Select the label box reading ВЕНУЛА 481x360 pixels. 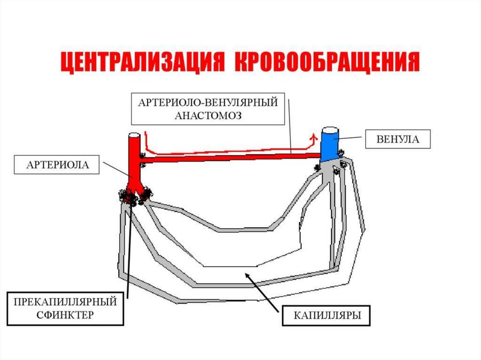tap(397, 139)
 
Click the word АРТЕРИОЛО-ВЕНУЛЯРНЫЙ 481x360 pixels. tap(209, 103)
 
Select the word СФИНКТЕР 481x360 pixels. tap(65, 314)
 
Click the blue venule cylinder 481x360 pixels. tap(329, 146)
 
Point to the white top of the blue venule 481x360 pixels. tap(330, 129)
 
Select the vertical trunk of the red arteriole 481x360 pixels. tap(134, 160)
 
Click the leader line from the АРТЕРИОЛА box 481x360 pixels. tap(117, 171)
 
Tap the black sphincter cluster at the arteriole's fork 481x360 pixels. tap(135, 196)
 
